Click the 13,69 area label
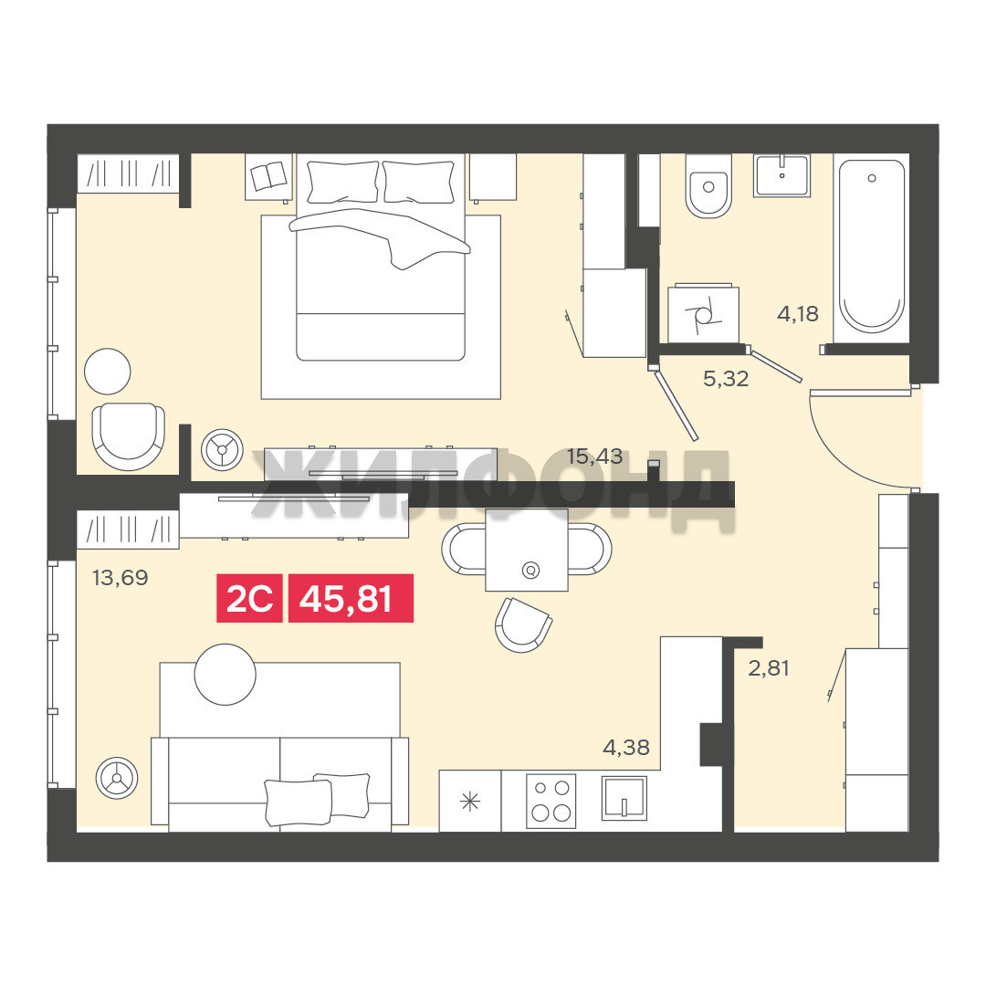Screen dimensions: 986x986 click(121, 577)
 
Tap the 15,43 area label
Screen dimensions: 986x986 click(594, 456)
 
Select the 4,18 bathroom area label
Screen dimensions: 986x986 click(798, 313)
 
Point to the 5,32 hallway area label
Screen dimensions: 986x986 click(726, 379)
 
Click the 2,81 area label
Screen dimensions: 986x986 click(769, 667)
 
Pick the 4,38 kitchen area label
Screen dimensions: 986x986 click(625, 747)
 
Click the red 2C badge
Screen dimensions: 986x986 click(249, 599)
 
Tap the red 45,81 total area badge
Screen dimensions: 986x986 click(351, 599)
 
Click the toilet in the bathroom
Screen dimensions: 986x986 click(708, 186)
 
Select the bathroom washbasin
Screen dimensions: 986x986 click(782, 175)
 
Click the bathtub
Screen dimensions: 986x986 click(872, 247)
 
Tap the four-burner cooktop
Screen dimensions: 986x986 click(551, 801)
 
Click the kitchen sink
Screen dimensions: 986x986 click(624, 798)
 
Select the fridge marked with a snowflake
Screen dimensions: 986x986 click(470, 801)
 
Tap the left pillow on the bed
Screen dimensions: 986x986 click(342, 183)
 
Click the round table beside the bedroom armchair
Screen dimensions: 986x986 click(108, 372)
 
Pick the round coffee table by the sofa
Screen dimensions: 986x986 click(226, 675)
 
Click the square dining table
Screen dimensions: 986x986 click(527, 550)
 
